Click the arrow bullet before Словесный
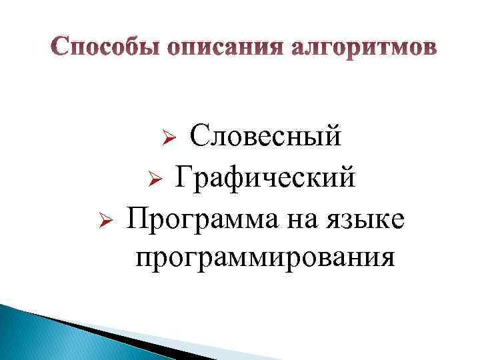click(169, 138)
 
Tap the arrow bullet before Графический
click(153, 179)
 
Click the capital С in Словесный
click(198, 136)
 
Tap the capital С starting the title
click(61, 48)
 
